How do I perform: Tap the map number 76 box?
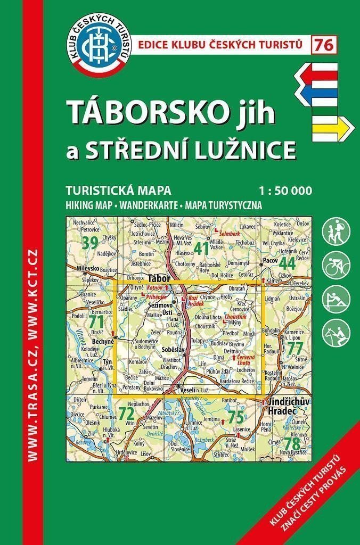click(x=324, y=45)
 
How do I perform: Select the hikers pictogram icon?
click(x=336, y=230)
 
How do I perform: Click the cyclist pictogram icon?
click(x=336, y=263)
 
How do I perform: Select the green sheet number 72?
click(x=126, y=414)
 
